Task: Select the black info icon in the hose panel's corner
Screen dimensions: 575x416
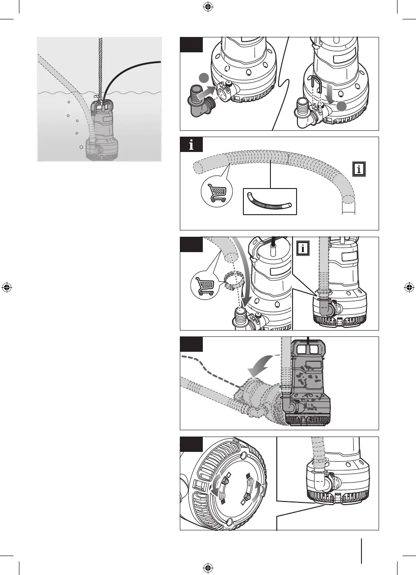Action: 192,145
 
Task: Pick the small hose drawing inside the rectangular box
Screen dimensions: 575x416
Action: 270,201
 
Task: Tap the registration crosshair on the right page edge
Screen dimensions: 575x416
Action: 408,287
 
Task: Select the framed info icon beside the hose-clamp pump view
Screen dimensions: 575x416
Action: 303,248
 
